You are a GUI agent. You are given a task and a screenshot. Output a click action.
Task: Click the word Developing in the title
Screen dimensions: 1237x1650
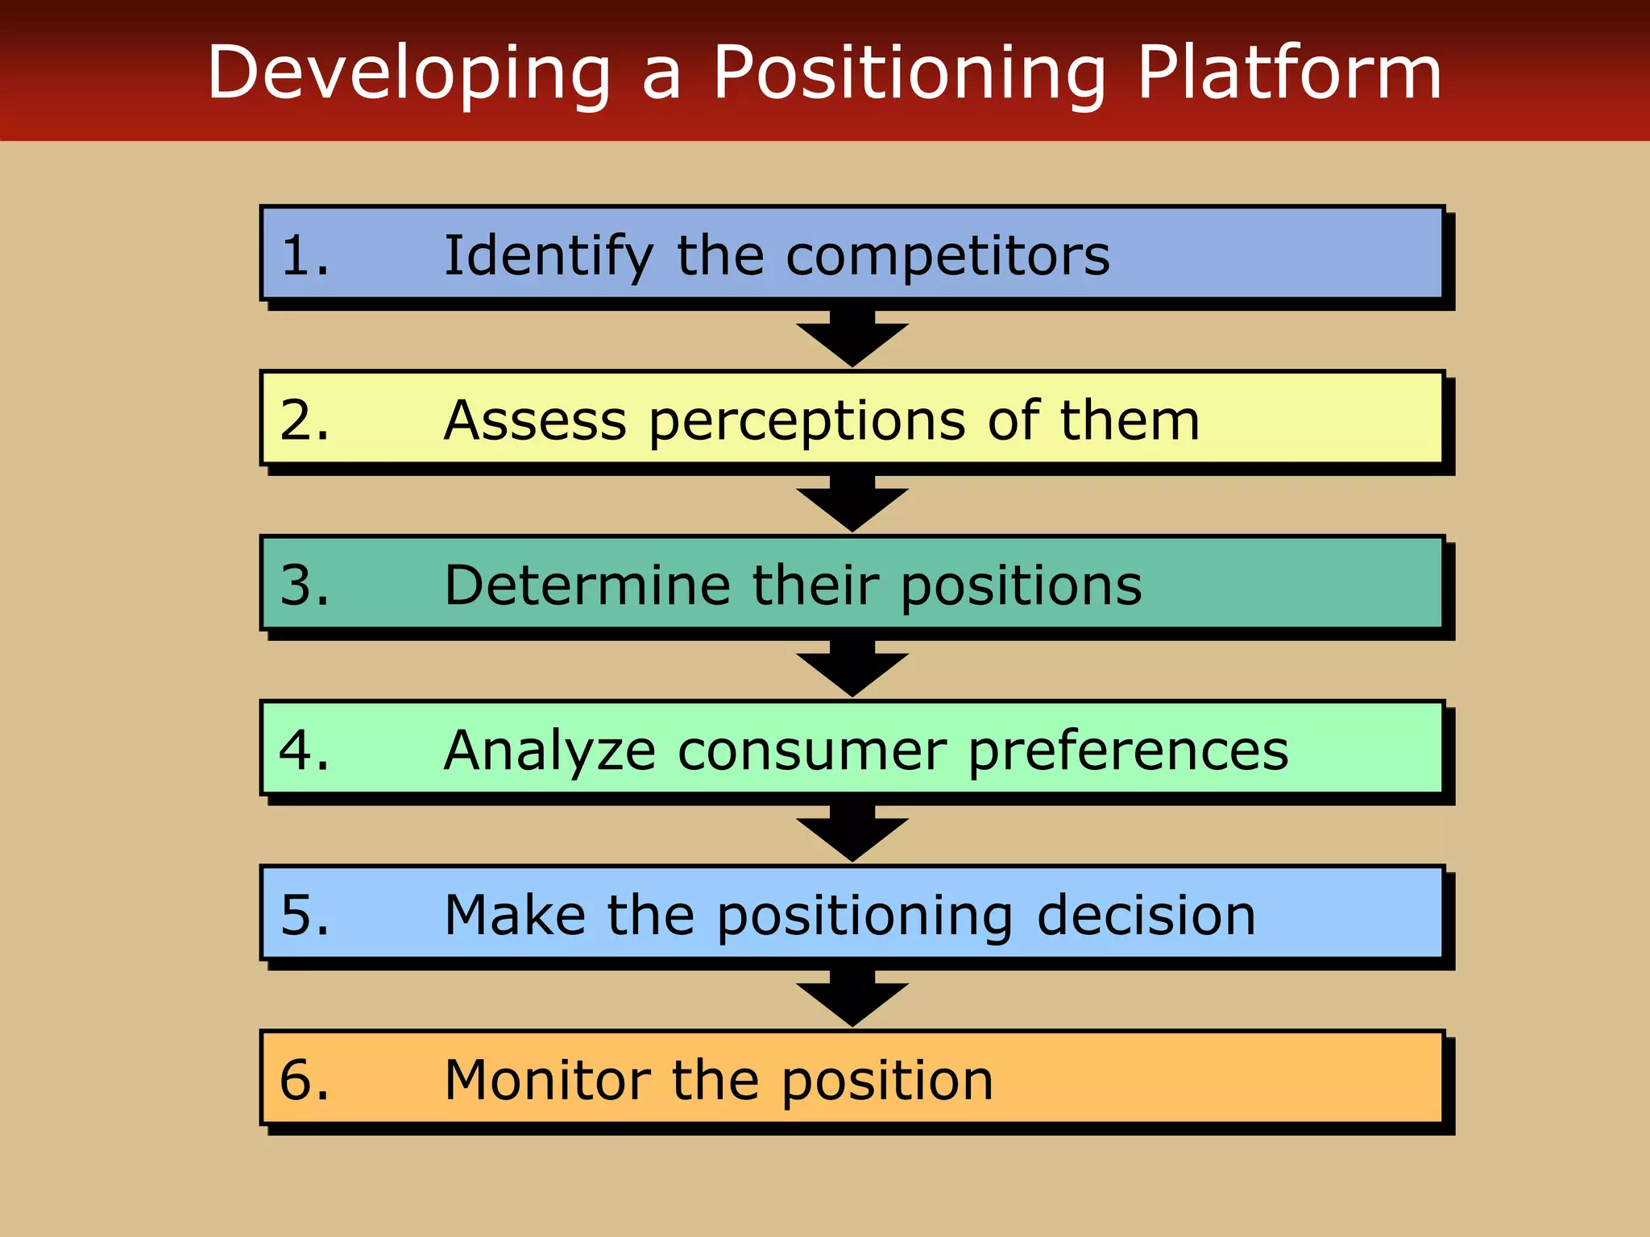(x=409, y=74)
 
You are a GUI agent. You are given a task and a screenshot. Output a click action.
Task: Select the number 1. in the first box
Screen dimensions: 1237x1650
(x=305, y=256)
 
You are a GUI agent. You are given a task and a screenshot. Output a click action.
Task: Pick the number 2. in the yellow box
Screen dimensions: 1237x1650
(x=305, y=420)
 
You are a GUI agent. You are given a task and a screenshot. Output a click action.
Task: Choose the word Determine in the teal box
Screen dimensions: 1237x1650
(x=587, y=585)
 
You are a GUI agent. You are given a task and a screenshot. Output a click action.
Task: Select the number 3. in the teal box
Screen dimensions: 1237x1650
(x=305, y=585)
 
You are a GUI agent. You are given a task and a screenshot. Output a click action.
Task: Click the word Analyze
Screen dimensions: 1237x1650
(x=549, y=751)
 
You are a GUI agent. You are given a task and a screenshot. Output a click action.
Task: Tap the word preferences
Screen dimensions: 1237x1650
(x=1128, y=752)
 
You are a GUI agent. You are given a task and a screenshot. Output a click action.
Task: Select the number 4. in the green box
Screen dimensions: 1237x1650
(x=305, y=751)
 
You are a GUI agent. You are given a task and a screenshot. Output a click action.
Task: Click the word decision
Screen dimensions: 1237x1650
(x=1146, y=916)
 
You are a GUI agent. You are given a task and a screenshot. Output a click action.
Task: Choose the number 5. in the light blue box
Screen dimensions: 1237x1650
(x=305, y=916)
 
